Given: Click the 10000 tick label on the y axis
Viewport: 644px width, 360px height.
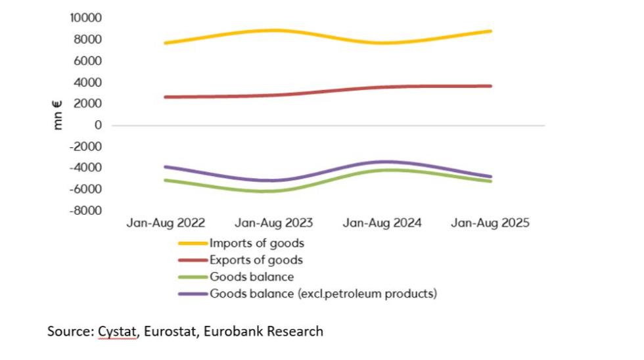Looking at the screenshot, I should pos(86,18).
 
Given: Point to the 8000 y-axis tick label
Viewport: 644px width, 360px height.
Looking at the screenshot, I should pos(89,39).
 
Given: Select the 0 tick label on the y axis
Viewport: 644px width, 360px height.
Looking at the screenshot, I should pos(98,125).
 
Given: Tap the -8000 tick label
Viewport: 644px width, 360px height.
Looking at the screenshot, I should pos(86,211).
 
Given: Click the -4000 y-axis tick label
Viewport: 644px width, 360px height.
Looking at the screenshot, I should pos(86,168).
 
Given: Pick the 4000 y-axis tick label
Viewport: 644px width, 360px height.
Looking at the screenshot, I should pos(89,82).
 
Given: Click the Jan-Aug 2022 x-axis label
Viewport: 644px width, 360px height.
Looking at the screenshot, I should pos(166,223).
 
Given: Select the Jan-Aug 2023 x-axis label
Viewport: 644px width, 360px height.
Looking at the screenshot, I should pos(274,223).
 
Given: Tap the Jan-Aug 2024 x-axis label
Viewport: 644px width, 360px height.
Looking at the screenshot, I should pos(382,223).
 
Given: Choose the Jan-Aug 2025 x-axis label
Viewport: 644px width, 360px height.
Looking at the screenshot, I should pos(490,223).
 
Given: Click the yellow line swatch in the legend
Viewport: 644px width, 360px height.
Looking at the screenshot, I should pos(193,244).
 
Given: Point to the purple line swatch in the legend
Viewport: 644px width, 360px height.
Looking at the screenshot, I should pos(193,294).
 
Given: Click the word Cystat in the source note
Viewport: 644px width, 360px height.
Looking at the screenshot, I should pos(118,331).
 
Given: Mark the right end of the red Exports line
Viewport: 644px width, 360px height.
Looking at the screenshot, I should pos(490,86).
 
